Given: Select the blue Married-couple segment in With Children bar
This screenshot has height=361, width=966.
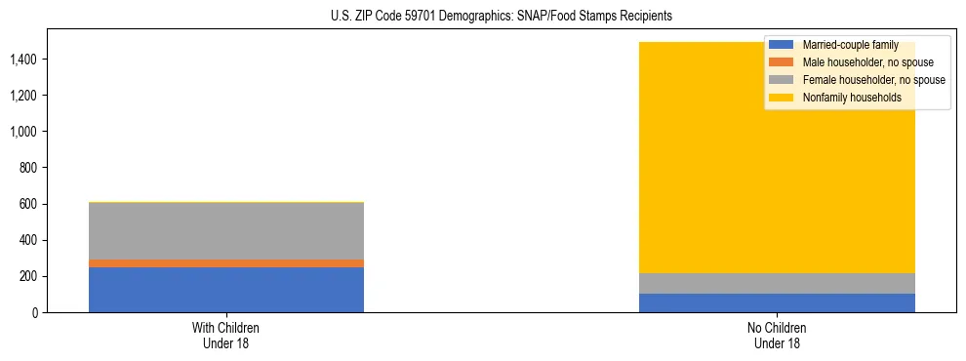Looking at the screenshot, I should click(226, 290).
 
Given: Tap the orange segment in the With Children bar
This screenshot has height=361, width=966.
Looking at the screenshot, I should click(226, 263).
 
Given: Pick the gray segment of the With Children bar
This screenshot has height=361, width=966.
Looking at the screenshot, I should click(226, 231).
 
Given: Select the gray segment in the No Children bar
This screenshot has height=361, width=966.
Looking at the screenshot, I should click(777, 283).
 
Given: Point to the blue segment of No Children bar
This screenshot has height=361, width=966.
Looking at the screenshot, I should click(777, 302).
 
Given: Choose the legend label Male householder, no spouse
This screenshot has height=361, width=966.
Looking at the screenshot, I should click(861, 62).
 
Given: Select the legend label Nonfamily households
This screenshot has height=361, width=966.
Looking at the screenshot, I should click(845, 98).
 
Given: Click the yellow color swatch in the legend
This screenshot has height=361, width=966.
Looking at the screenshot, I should click(781, 98).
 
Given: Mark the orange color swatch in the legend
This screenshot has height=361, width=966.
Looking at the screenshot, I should click(781, 62).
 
